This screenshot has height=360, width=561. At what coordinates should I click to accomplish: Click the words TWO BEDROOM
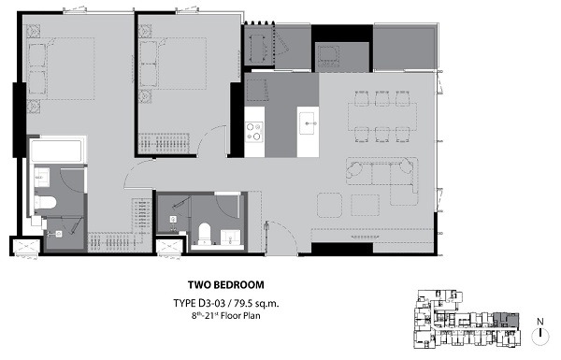226,285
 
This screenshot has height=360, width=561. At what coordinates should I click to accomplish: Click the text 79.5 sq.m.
256,304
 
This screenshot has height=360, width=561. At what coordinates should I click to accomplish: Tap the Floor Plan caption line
225,316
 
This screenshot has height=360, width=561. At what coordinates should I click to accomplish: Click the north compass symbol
540,333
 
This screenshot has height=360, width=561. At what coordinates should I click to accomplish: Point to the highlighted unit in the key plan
506,320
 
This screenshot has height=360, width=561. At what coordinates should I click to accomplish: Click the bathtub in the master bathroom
56,151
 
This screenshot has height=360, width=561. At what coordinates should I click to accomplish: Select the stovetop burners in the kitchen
254,131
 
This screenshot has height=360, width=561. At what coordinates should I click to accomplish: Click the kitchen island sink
307,123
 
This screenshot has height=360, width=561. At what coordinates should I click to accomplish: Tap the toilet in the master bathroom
46,203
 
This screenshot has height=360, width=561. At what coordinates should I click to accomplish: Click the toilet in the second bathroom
205,234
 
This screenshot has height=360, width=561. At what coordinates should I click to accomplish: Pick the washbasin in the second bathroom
230,238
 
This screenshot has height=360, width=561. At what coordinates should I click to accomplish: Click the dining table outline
382,117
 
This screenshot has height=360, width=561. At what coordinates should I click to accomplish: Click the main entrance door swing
282,237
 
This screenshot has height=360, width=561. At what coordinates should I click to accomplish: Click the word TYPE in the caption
184,304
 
